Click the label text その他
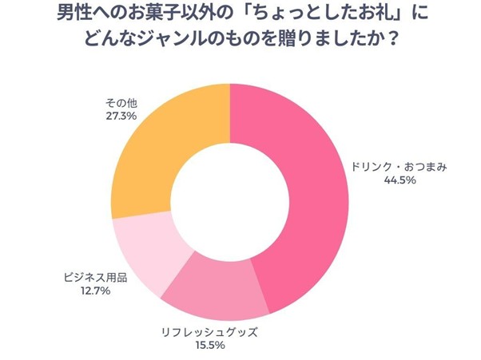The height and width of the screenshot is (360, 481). (x=121, y=102)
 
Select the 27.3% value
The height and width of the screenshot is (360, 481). (x=121, y=117)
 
